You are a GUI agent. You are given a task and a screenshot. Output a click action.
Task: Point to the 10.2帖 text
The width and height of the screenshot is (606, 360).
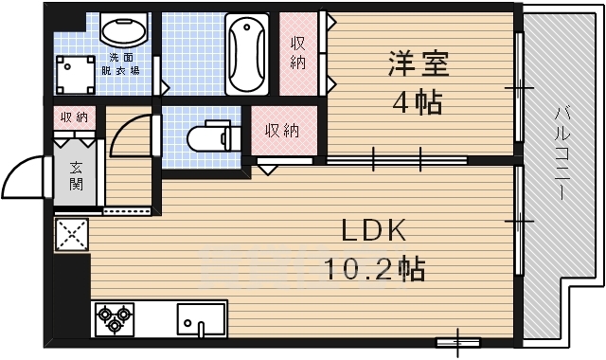374,269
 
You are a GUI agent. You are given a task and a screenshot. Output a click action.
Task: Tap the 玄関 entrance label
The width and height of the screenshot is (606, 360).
76,175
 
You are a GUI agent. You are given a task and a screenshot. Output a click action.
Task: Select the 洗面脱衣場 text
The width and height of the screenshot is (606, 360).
123,63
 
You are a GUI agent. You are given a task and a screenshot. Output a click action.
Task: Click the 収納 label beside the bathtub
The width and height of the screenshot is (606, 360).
298,52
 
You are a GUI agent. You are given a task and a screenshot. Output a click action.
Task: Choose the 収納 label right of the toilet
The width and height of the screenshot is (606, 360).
282,130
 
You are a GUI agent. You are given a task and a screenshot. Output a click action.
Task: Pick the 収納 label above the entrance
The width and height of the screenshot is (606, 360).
75,117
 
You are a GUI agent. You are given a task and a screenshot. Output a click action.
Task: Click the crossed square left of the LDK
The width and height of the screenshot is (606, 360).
71,234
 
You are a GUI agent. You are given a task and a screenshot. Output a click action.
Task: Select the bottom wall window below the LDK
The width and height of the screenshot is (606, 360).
457,340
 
